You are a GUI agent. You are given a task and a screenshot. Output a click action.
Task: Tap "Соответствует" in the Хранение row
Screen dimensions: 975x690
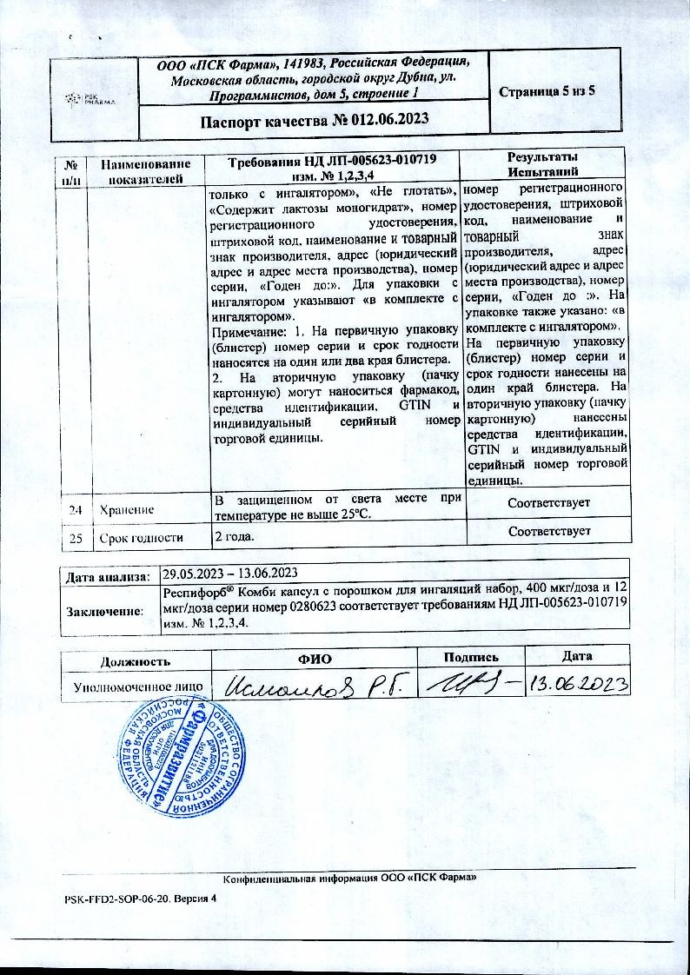pos(547,503)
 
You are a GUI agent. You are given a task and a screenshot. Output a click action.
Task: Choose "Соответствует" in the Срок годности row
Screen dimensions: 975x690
pos(547,530)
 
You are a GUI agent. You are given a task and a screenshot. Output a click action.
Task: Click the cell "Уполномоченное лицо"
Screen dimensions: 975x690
pos(139,686)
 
